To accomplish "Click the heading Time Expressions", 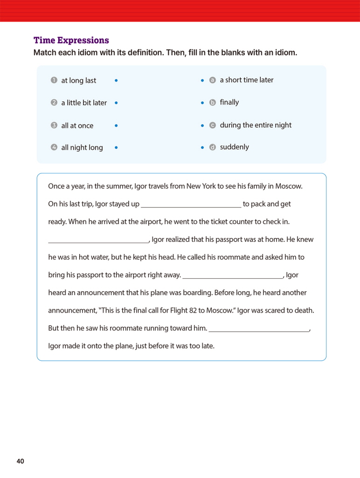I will click(71, 40).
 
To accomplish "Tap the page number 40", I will click(20, 461).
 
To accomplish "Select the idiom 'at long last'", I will click(78, 80).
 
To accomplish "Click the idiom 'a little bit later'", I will click(84, 103).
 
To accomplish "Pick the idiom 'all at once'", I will click(77, 126).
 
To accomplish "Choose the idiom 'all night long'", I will click(82, 148).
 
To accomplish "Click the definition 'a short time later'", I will click(246, 80).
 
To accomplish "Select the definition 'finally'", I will click(229, 102).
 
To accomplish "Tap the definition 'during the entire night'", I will click(256, 125).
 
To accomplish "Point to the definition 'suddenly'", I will click(234, 147).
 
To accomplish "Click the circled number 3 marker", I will click(54, 126).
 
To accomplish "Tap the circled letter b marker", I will click(213, 103).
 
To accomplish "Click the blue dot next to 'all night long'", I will click(116, 148).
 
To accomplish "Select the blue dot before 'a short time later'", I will click(202, 80).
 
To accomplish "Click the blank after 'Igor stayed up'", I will click(191, 204).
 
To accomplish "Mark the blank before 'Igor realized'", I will click(98, 240).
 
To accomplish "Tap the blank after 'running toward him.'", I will click(259, 329).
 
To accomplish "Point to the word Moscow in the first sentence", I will click(289, 186).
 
